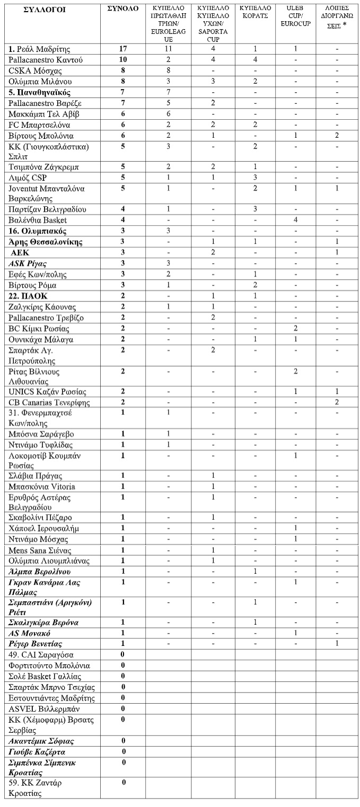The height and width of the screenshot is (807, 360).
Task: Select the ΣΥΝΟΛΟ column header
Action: coord(123,9)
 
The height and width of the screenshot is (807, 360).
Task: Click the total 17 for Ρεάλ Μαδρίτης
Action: coord(123,49)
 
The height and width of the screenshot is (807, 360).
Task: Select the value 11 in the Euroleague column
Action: coord(168,49)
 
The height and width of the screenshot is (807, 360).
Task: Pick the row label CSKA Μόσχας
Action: coord(32,71)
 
